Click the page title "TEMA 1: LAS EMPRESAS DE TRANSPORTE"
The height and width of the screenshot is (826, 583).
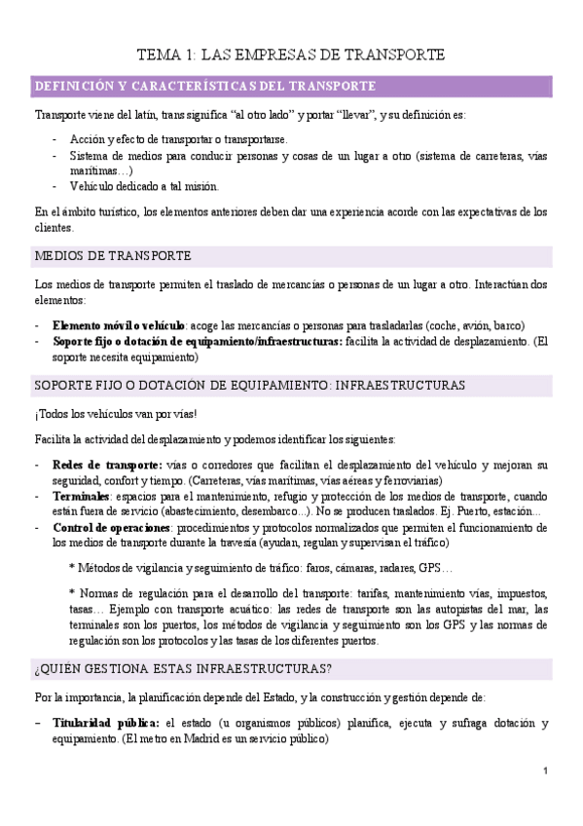[291, 55]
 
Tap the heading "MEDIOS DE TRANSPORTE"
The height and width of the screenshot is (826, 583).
[112, 256]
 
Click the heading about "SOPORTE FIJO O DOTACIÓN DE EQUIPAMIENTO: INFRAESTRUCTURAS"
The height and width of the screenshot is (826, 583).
[249, 386]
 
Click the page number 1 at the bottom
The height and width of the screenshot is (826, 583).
[546, 771]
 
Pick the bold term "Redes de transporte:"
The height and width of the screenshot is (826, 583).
[107, 464]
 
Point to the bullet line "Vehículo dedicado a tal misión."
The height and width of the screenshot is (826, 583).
[144, 186]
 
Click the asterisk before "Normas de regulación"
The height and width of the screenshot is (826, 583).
[72, 591]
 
